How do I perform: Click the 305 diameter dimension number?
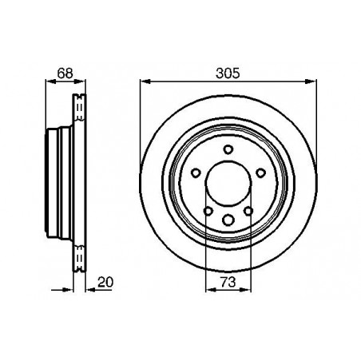[228, 73]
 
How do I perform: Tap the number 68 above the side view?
[65, 73]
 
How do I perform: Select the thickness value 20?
[105, 282]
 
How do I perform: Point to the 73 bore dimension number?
[228, 282]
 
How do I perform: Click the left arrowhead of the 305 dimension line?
[145, 81]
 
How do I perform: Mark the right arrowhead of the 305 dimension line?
[311, 81]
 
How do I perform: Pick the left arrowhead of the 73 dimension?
[211, 290]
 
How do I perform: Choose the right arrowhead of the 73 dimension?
[245, 290]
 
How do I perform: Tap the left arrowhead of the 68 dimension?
[51, 81]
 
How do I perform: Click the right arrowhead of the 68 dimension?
[80, 81]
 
